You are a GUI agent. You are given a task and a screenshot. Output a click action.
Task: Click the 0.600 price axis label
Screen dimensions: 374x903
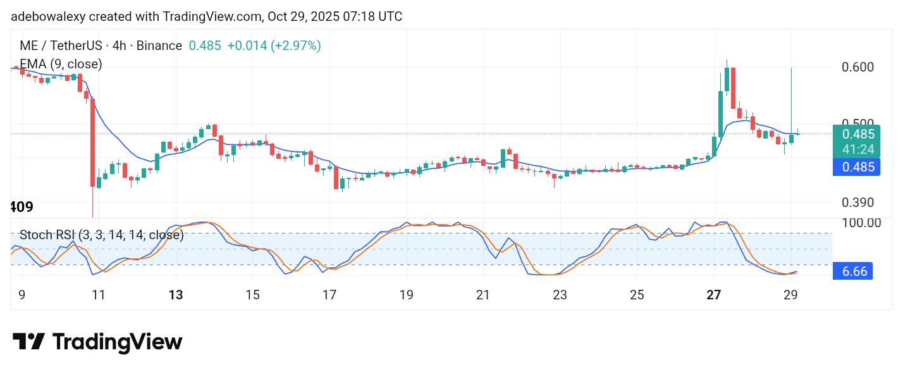tap(861, 67)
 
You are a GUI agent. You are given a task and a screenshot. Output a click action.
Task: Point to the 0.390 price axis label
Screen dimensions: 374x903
tap(861, 203)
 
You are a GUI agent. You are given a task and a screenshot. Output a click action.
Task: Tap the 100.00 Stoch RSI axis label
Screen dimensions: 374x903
tap(862, 223)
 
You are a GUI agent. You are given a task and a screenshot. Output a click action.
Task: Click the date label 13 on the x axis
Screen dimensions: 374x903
tap(176, 295)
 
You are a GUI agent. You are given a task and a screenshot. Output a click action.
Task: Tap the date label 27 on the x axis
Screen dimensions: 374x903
tap(714, 295)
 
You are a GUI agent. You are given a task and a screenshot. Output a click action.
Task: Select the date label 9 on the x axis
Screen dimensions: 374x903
tap(23, 295)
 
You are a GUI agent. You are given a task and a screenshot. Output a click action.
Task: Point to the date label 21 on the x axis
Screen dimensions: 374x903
tap(483, 295)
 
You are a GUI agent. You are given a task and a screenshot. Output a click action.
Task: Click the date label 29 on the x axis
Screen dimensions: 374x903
tap(791, 295)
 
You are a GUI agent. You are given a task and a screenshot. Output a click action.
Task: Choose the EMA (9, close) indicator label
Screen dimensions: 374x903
tap(61, 64)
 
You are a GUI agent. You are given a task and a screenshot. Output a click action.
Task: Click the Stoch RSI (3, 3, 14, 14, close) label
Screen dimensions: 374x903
tap(101, 235)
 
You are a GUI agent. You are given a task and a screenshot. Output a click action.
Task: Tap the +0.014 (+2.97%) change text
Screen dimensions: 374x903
tap(274, 46)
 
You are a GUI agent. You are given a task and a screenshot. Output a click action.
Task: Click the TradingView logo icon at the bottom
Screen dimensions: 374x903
tap(28, 342)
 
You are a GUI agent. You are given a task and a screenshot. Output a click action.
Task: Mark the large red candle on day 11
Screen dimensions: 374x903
tap(92, 142)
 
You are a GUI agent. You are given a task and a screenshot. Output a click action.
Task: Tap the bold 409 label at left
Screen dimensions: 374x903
tap(21, 207)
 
